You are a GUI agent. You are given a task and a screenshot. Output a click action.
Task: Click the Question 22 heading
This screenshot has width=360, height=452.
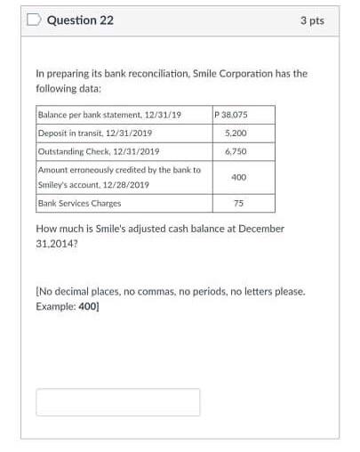tap(80, 20)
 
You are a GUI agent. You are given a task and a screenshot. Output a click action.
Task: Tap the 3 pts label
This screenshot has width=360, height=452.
tap(311, 20)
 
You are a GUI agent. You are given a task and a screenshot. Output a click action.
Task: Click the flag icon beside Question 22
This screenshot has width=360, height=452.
tap(34, 20)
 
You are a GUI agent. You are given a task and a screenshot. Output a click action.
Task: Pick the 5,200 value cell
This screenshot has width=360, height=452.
tap(236, 133)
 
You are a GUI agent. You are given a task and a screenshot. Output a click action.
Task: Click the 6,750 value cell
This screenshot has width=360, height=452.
tap(236, 151)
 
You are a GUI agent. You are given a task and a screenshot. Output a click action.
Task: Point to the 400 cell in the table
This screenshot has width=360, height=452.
tap(238, 177)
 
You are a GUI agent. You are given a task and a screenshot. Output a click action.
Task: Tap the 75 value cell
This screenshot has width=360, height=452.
tap(238, 203)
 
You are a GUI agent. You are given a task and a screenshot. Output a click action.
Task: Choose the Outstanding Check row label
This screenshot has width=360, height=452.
tap(98, 151)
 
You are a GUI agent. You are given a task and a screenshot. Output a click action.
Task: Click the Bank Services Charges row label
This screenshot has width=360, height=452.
tap(80, 203)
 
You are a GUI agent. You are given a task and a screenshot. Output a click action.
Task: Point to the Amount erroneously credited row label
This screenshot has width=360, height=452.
tap(119, 169)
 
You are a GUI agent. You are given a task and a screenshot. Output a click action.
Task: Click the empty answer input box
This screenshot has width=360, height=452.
tap(117, 401)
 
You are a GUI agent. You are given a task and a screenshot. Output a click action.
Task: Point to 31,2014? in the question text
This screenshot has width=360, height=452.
tap(59, 243)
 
